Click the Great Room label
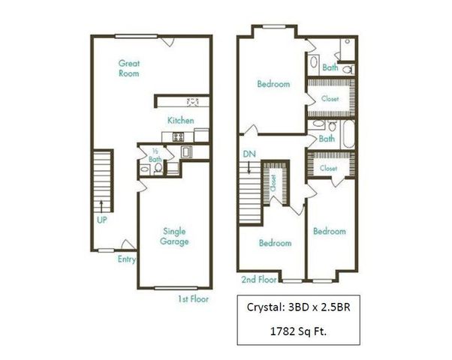pos(129,68)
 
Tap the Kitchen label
pos(181,120)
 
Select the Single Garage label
pos(174,236)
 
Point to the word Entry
pos(127,259)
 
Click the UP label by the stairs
pos(102,220)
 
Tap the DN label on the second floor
pos(249,154)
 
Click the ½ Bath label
pos(155,155)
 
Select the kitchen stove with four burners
pos(178,136)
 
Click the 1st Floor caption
pos(193,299)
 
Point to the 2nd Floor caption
pos(259,279)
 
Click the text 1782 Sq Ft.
pos(298,331)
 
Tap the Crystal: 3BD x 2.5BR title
pos(299,307)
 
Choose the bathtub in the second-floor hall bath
pos(349,134)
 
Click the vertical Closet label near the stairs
pos(273,182)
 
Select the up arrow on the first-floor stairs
pos(101,206)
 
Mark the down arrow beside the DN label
pos(249,167)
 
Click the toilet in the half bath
pos(158,168)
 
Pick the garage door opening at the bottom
pos(176,288)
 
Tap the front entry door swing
pos(128,244)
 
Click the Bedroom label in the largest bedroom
pos(273,84)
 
